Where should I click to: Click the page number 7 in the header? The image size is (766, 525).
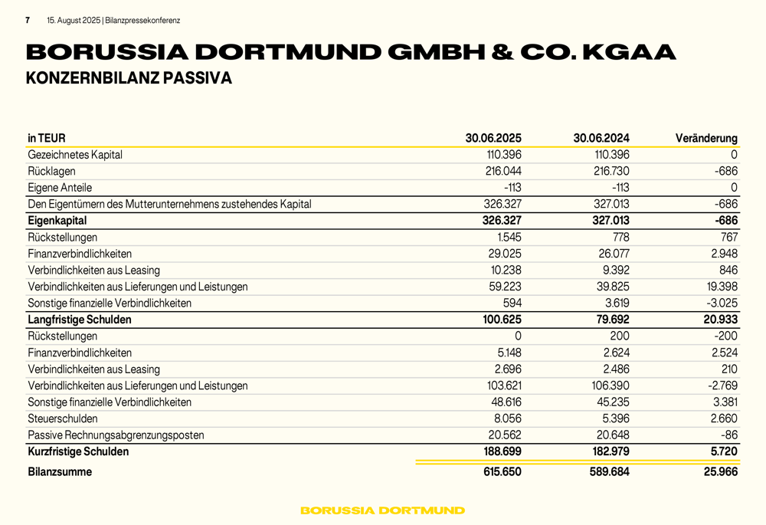28,21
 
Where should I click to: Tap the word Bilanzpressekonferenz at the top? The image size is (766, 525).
147,21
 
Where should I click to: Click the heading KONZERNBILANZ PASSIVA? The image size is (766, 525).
129,78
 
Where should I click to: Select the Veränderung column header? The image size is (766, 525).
706,139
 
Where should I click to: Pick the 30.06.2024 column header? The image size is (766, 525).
601,139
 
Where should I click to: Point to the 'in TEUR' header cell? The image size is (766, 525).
47,139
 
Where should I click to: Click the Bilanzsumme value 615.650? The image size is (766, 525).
502,472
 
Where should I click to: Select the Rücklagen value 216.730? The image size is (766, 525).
611,171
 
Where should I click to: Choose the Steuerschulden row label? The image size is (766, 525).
63,418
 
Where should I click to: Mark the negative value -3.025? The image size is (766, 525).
720,303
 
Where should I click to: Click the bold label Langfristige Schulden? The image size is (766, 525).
80,320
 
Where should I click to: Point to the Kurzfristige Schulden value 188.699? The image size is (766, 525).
502,452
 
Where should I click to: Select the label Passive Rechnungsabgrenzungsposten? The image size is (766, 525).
116,435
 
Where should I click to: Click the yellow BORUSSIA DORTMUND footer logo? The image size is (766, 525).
382,510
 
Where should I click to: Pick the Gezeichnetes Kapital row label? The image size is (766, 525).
75,155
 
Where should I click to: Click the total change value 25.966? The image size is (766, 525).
720,472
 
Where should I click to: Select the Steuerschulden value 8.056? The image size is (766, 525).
506,418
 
